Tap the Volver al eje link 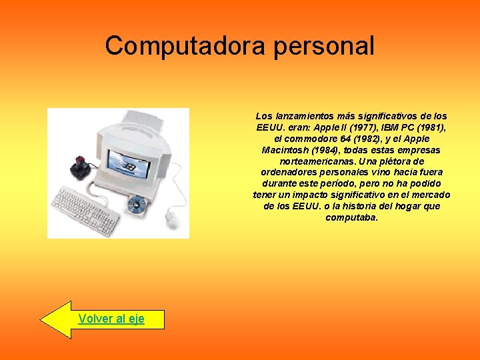111,319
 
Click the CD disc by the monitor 138,203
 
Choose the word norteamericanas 317,161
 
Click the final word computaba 351,217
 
